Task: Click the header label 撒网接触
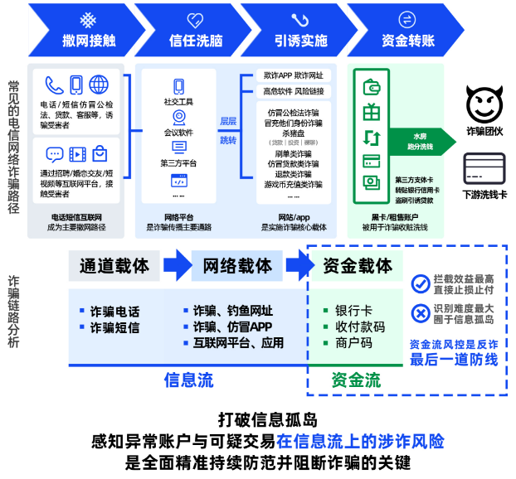88,41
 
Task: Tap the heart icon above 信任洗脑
196,19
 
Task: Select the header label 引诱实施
300,41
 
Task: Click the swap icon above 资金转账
406,19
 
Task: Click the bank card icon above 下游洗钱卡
484,171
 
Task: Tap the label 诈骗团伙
484,131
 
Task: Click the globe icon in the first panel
100,85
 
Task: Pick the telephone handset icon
55,85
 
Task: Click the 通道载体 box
114,266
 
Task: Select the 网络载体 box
237,266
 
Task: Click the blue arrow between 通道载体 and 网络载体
176,266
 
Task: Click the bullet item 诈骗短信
114,327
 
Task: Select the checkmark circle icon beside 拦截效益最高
420,283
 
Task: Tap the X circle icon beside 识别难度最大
420,312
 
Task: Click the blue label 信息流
188,380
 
